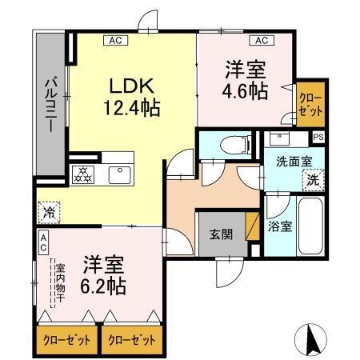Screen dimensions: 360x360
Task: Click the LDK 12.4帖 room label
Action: [x=134, y=95]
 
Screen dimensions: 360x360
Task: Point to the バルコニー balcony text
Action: [x=50, y=105]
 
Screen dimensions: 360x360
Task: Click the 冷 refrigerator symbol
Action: [x=46, y=213]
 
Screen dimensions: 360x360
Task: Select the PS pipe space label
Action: [x=318, y=137]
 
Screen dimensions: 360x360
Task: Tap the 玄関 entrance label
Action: [x=221, y=234]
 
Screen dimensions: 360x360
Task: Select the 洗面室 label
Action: [x=294, y=161]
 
